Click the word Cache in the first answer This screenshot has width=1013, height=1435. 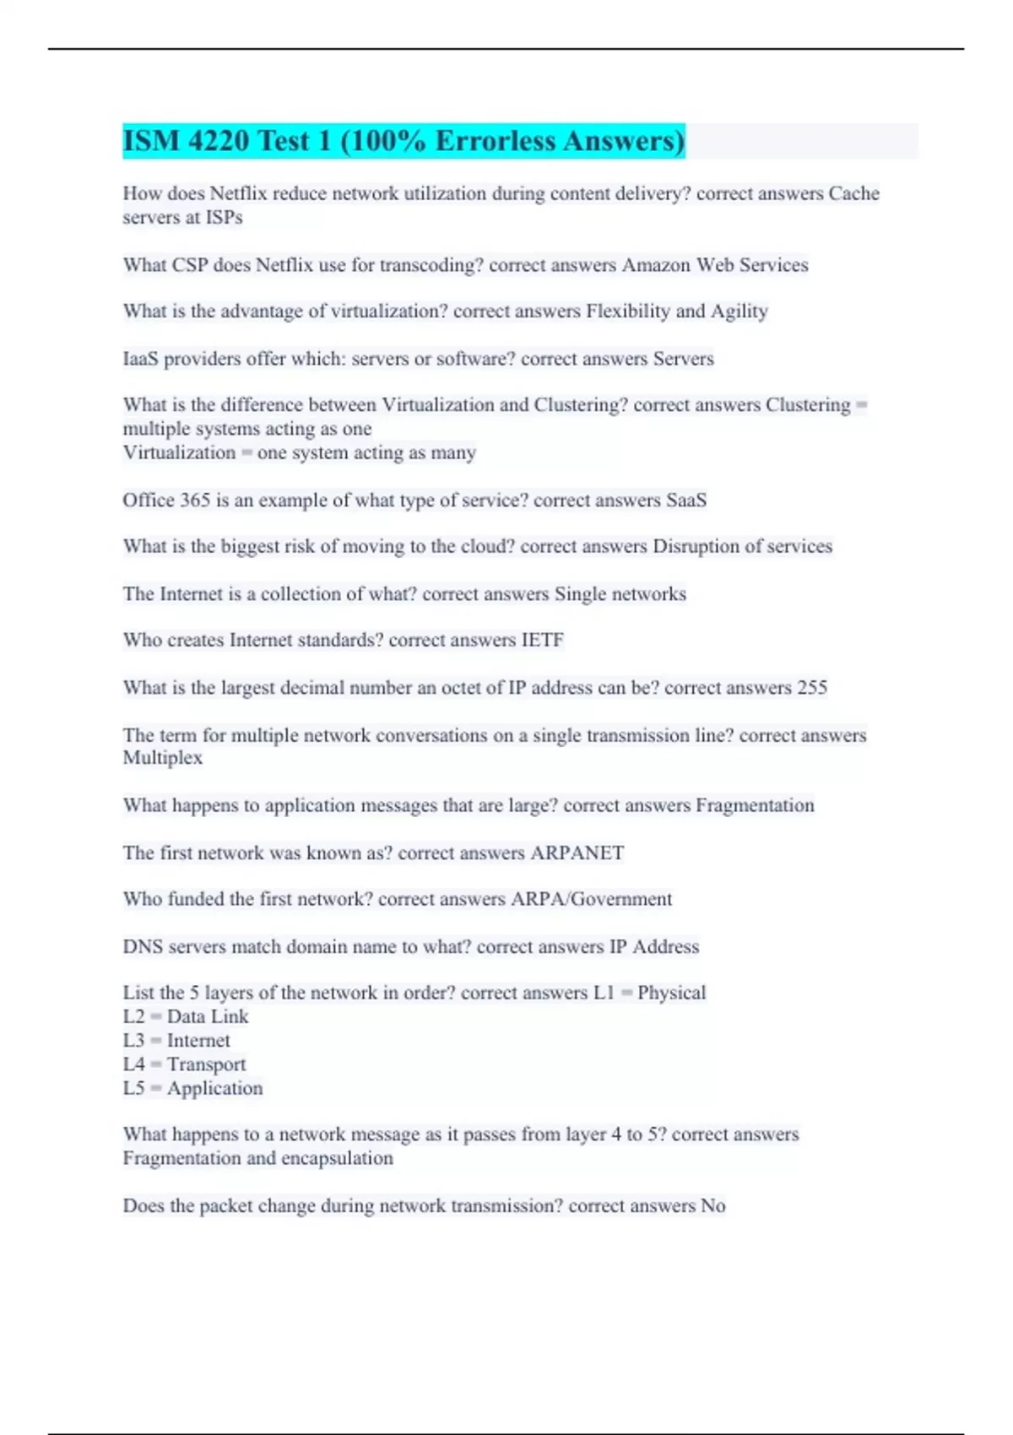853,193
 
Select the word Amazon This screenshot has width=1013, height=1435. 656,265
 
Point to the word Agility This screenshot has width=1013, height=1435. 739,311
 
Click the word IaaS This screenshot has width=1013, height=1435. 140,359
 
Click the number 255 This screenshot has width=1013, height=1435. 811,687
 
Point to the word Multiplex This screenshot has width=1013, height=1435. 162,758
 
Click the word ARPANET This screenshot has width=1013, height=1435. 577,853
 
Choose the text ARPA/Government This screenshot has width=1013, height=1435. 591,899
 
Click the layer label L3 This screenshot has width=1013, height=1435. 133,1041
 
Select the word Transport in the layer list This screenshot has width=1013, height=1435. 206,1064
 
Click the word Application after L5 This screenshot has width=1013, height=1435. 214,1088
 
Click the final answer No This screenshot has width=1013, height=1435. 712,1205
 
